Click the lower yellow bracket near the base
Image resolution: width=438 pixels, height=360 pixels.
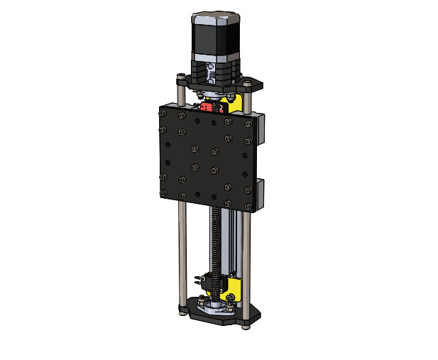point(232,288)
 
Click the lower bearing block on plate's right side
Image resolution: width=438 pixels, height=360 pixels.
point(259,194)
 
